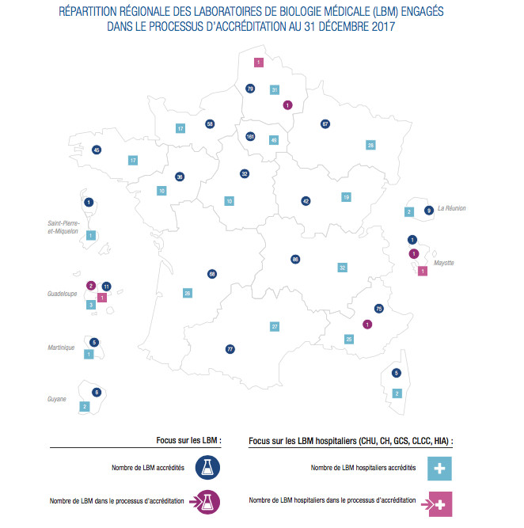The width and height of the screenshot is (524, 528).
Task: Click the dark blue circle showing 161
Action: (250, 136)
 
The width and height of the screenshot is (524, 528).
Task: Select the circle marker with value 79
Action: (250, 89)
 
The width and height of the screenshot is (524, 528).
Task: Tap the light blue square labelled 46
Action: (274, 140)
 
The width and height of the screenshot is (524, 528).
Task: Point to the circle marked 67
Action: (325, 123)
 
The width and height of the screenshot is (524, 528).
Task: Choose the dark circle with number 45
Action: (97, 150)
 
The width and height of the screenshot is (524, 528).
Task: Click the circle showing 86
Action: (295, 259)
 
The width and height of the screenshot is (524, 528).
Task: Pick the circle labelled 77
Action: (230, 348)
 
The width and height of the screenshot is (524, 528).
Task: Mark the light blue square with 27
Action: (275, 326)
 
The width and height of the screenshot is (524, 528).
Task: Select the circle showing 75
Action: (378, 308)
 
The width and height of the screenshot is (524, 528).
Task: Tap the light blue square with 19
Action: (346, 196)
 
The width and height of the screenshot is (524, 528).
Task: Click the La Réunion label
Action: (451, 208)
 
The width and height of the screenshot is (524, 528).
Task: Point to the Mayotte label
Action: (443, 263)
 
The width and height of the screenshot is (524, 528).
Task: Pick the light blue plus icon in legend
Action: (439, 468)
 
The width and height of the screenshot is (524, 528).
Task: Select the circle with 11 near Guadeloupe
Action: (106, 286)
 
